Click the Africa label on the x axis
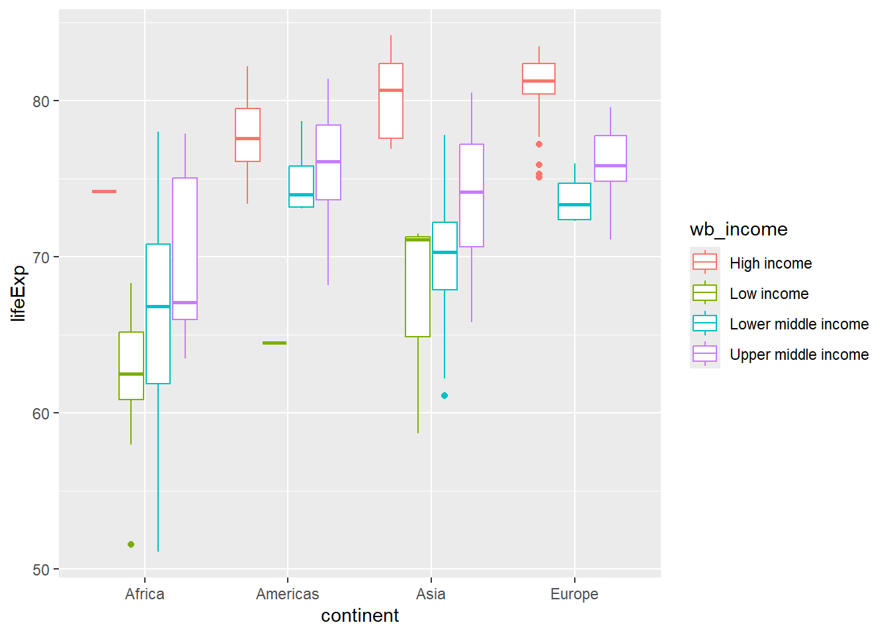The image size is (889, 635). tap(144, 594)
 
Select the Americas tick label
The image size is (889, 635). tap(287, 594)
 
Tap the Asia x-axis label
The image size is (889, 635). tap(431, 594)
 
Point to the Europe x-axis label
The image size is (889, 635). tap(574, 594)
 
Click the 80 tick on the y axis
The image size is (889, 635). tap(41, 101)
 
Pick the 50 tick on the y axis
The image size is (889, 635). tap(41, 570)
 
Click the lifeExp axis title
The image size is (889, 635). tap(19, 293)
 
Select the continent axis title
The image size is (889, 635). tap(360, 616)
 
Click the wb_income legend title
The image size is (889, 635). tap(738, 230)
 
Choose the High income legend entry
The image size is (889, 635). tap(771, 263)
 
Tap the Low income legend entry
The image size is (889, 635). tap(769, 294)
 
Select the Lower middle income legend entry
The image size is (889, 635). tap(798, 324)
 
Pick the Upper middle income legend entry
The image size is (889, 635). tap(798, 355)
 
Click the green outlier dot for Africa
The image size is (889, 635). tap(131, 544)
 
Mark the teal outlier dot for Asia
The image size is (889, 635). tap(444, 396)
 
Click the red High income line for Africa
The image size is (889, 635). tap(104, 192)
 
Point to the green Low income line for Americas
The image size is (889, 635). tap(275, 343)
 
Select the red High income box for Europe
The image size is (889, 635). tap(538, 79)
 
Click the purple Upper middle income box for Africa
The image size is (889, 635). tap(185, 249)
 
